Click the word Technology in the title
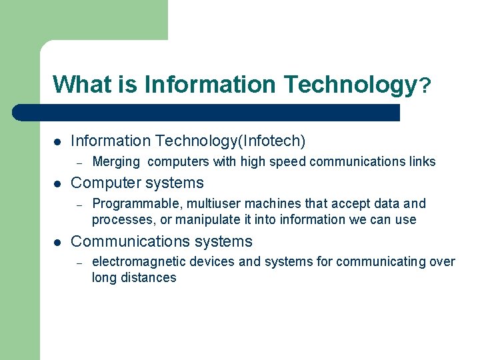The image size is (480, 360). point(349,85)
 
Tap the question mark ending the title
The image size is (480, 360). point(425,85)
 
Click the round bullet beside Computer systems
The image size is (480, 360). point(57,183)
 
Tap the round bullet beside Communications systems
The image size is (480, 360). point(57,242)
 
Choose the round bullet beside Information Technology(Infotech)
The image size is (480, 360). point(57,141)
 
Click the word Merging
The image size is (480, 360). point(116,161)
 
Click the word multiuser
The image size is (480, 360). point(199,203)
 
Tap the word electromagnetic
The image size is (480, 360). point(130,261)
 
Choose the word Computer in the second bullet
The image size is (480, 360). point(104,183)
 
